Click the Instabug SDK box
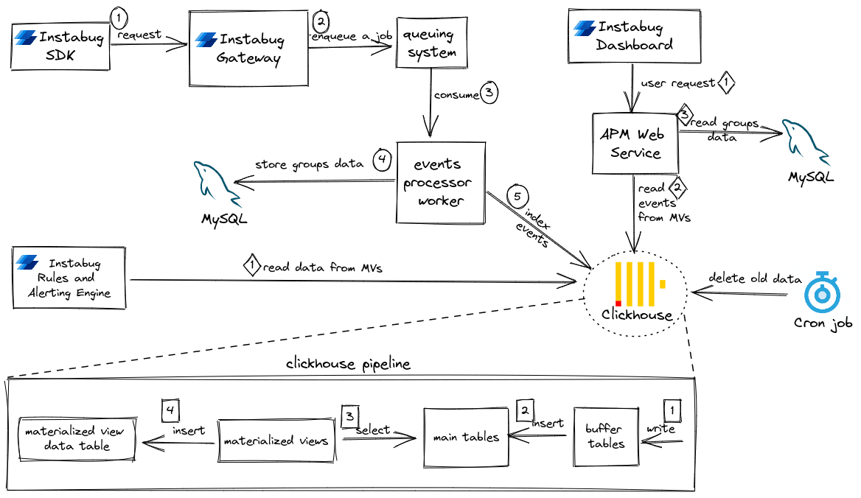[x=61, y=46]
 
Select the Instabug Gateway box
[x=248, y=49]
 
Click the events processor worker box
[x=440, y=183]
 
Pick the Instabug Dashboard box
[x=633, y=36]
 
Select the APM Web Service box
[x=635, y=144]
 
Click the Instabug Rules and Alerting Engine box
[x=70, y=278]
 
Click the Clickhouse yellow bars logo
[x=640, y=283]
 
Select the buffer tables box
[x=604, y=436]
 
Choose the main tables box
[x=466, y=437]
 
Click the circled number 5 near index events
[x=517, y=197]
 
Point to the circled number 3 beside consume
[x=489, y=94]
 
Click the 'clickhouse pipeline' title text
[x=348, y=364]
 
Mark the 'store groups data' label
[x=309, y=164]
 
